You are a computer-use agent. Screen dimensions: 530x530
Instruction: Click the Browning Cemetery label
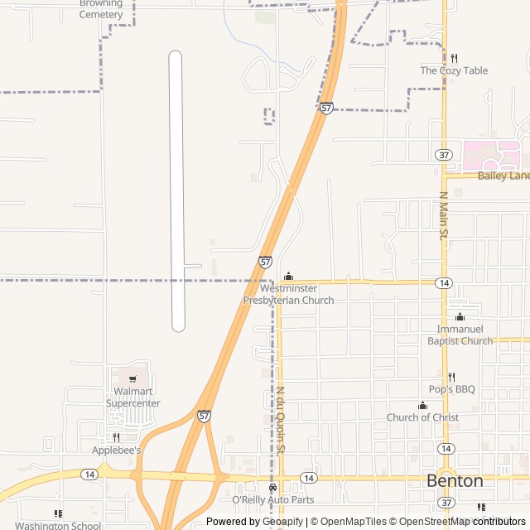click(101, 9)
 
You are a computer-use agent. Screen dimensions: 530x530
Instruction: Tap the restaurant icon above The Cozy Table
click(454, 58)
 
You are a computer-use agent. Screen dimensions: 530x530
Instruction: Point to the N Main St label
click(443, 215)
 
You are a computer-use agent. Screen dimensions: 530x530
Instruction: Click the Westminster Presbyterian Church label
click(288, 294)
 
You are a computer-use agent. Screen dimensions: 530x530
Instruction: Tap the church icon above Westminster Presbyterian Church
click(288, 277)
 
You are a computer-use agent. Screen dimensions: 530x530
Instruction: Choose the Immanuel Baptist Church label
click(460, 335)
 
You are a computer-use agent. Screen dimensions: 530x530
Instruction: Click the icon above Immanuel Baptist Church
click(460, 317)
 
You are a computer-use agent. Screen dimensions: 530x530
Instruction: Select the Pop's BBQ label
click(451, 389)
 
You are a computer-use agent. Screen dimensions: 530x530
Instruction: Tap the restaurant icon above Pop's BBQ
click(451, 377)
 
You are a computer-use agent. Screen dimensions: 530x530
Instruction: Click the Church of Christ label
click(422, 417)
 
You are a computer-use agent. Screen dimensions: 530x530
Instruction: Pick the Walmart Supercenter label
click(132, 397)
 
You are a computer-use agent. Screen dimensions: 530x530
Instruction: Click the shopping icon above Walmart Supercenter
click(132, 379)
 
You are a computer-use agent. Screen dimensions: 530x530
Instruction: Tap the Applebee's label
click(116, 450)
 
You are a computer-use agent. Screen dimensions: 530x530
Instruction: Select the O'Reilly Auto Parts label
click(272, 499)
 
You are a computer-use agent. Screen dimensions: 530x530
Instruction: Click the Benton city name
click(455, 480)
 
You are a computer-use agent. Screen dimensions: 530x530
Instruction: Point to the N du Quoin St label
click(280, 421)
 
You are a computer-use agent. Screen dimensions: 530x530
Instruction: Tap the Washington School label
click(58, 525)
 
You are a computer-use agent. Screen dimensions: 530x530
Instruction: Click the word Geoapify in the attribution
click(282, 522)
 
